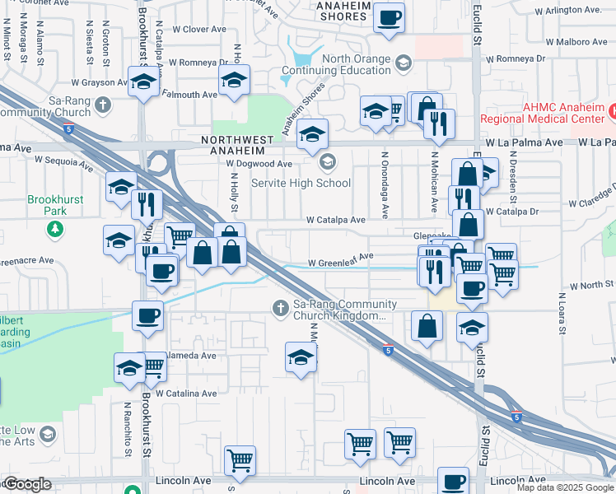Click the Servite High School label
[301, 183]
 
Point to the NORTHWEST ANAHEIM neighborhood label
[234, 146]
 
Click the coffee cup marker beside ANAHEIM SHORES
[389, 17]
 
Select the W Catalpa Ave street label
[335, 221]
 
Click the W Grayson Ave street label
[98, 82]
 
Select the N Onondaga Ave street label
[385, 184]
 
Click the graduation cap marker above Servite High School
[312, 133]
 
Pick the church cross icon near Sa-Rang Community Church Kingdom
[280, 308]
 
